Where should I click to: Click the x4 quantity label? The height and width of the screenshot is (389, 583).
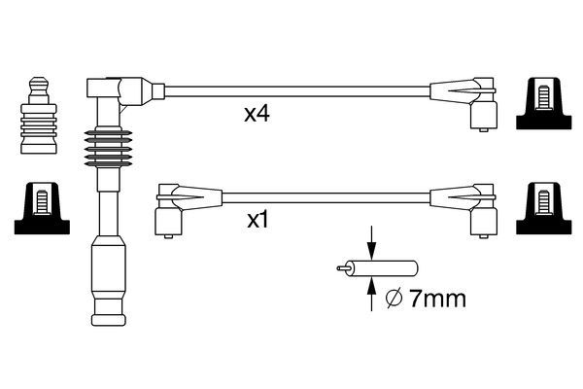pyautogui.click(x=256, y=115)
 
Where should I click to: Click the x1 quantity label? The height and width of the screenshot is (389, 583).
pyautogui.click(x=256, y=220)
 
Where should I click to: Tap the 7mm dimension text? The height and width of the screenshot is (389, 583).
pyautogui.click(x=437, y=299)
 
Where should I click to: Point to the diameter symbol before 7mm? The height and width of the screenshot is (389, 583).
pyautogui.click(x=394, y=299)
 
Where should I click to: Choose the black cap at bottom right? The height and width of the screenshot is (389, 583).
pyautogui.click(x=544, y=207)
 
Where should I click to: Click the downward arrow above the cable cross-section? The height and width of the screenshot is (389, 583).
pyautogui.click(x=371, y=244)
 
